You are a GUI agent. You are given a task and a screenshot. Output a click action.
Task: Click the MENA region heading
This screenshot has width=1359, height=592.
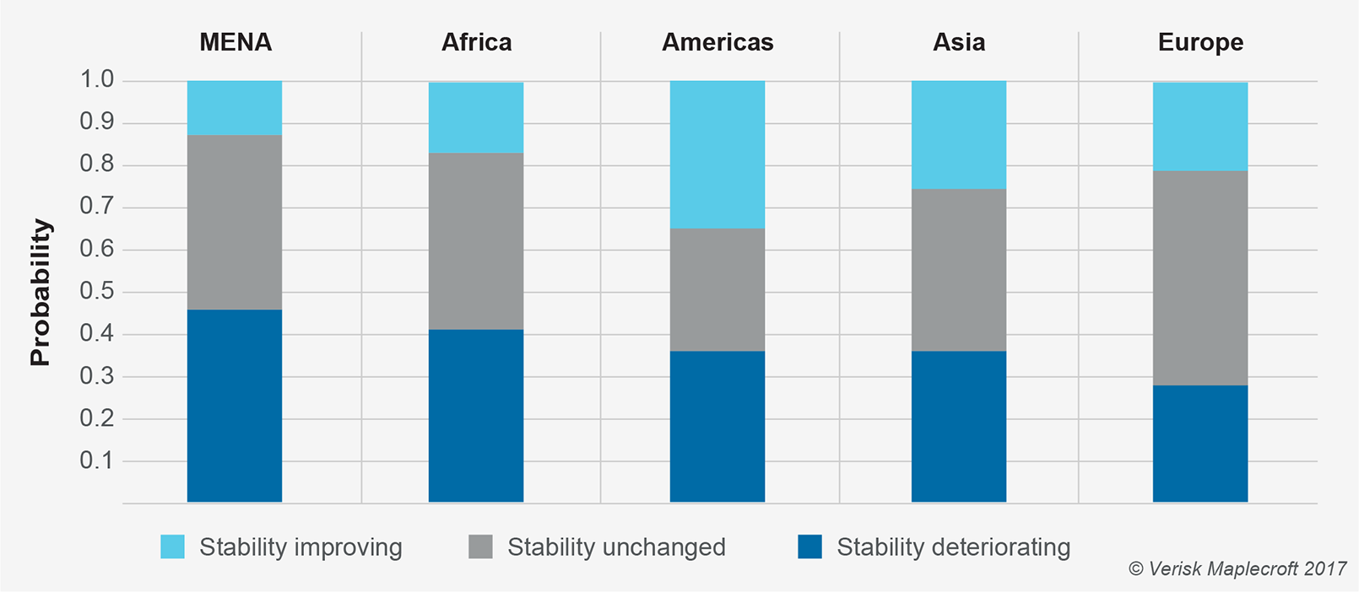(236, 43)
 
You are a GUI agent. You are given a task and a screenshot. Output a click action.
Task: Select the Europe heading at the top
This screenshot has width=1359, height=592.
(1200, 43)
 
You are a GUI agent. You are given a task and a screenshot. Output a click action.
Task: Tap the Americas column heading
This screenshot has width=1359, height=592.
(717, 43)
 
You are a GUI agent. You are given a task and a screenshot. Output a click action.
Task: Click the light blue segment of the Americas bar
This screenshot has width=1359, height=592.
(717, 154)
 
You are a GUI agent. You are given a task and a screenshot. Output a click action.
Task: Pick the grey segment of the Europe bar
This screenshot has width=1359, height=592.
(1200, 278)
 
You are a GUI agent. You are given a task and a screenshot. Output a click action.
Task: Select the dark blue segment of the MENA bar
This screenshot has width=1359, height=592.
(235, 406)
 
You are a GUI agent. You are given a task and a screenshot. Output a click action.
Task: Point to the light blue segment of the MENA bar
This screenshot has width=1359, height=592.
(235, 108)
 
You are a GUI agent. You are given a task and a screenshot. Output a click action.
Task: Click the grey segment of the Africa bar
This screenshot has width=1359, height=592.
(476, 241)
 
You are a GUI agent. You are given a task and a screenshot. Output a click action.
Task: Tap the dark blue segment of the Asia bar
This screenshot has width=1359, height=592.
(959, 426)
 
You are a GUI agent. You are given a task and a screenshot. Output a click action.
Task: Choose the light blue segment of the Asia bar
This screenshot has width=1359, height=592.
(959, 135)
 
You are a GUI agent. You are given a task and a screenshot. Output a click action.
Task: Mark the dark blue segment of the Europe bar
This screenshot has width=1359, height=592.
(1200, 444)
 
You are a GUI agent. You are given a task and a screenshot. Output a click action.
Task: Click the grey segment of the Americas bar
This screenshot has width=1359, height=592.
(717, 289)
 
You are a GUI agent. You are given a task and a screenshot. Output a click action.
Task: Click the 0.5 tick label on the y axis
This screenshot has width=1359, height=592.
(96, 292)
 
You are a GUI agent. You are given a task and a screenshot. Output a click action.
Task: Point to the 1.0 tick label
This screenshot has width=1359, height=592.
(96, 80)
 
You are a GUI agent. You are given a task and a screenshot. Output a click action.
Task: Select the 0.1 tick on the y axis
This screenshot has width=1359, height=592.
(96, 460)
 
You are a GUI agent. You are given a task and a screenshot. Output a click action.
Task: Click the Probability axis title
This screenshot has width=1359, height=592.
(41, 293)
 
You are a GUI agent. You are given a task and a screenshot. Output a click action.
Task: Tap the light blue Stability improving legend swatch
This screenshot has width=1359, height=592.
(172, 547)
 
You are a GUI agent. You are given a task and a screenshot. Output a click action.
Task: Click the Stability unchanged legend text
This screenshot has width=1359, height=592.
(616, 547)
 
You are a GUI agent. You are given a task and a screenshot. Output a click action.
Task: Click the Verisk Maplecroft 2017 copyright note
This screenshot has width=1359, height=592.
(1237, 569)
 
